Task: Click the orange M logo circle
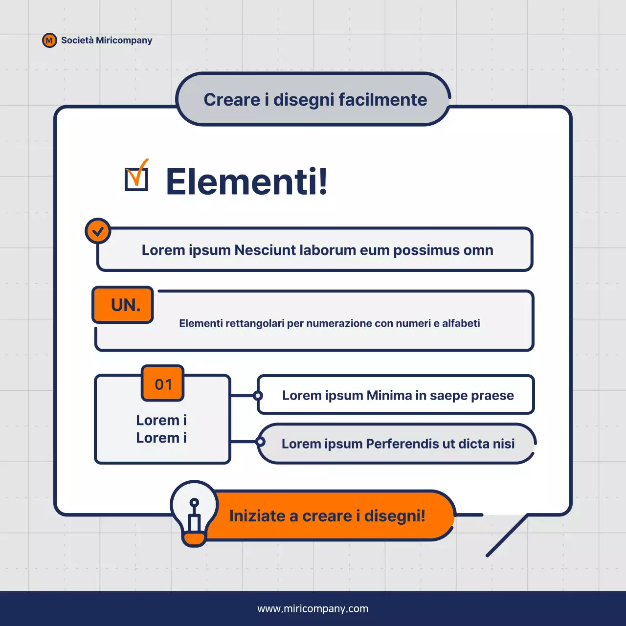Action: pyautogui.click(x=49, y=41)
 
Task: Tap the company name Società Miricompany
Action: pyautogui.click(x=107, y=40)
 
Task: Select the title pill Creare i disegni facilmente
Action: pyautogui.click(x=313, y=100)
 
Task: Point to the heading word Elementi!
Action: pyautogui.click(x=246, y=181)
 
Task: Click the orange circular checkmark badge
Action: pyautogui.click(x=98, y=231)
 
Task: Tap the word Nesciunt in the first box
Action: pyautogui.click(x=265, y=250)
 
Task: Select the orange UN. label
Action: pyautogui.click(x=123, y=305)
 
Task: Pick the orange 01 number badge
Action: pyautogui.click(x=163, y=384)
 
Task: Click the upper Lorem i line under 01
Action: pyautogui.click(x=161, y=420)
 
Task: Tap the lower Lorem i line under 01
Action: pyautogui.click(x=161, y=438)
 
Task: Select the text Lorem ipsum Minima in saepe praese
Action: pyautogui.click(x=398, y=395)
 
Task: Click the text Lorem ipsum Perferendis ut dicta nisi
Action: pyautogui.click(x=398, y=444)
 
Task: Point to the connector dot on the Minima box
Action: pyautogui.click(x=258, y=396)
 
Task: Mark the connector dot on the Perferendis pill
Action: pyautogui.click(x=261, y=442)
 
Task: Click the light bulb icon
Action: pyautogui.click(x=194, y=514)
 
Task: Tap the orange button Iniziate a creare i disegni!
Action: pyautogui.click(x=327, y=516)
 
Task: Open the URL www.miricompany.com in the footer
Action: pyautogui.click(x=313, y=609)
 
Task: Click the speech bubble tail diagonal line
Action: pyautogui.click(x=507, y=536)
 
